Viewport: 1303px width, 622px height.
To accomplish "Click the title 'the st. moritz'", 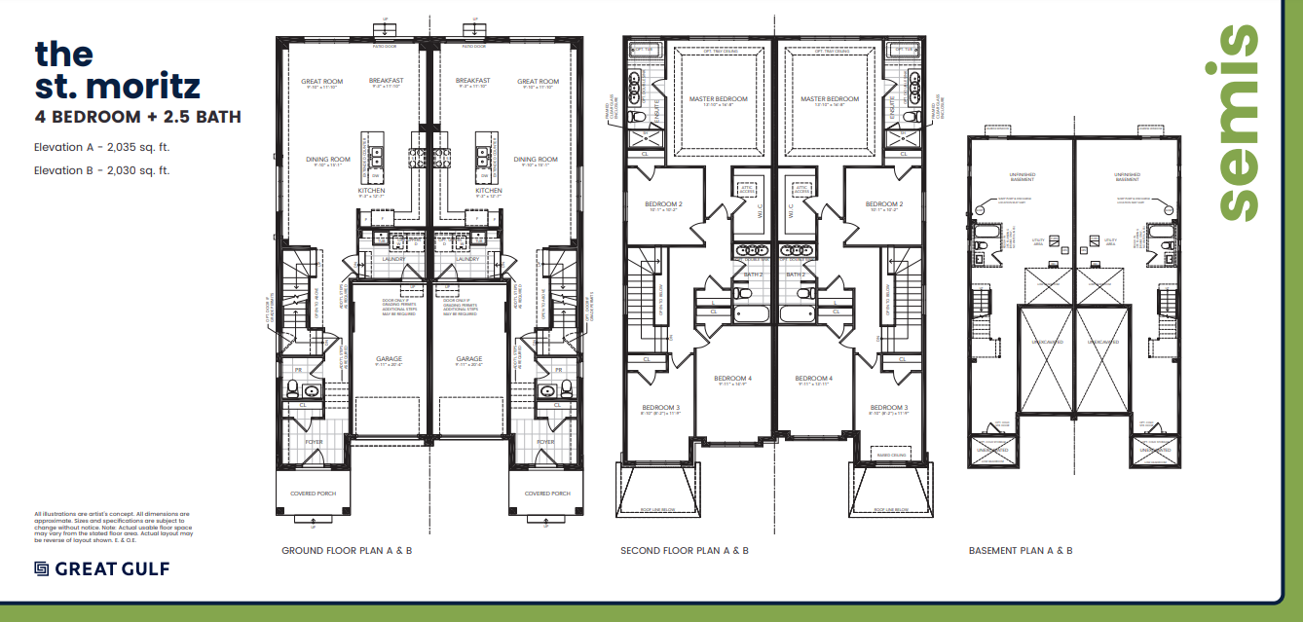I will point(117,70).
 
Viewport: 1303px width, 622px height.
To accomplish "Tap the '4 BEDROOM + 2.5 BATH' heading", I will point(137,117).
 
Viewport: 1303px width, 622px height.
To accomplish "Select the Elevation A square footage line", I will point(102,149).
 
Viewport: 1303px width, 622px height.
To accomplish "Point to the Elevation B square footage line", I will point(102,170).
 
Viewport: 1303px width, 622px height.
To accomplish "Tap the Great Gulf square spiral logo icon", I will point(42,568).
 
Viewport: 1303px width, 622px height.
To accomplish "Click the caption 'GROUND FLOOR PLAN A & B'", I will point(347,551).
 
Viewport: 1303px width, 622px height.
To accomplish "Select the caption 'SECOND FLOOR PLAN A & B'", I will point(685,551).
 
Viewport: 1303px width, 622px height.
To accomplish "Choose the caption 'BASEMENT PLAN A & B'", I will point(1021,551).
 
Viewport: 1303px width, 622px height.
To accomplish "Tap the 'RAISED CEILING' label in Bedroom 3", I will point(892,454).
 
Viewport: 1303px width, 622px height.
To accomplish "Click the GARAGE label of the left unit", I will point(389,359).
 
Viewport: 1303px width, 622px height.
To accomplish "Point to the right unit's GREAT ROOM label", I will point(538,82).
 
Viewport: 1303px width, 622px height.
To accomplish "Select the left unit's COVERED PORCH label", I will point(313,494).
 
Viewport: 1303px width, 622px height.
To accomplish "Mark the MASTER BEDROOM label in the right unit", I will point(830,99).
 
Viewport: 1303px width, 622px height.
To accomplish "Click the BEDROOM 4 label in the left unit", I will point(732,379).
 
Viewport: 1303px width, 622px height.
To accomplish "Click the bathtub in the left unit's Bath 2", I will point(750,314).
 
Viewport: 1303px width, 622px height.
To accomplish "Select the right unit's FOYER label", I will point(544,442).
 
